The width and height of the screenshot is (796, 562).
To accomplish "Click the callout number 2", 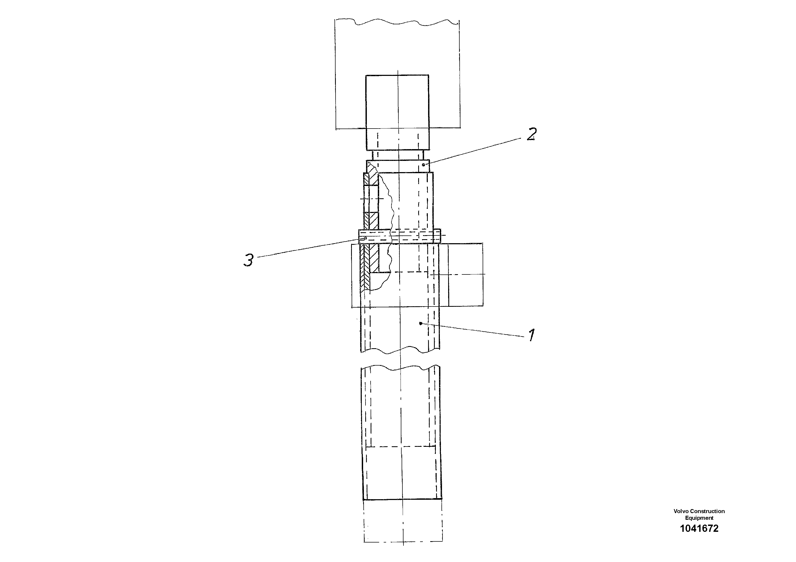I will click(x=532, y=134).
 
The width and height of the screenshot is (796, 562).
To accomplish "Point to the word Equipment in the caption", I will click(x=699, y=518).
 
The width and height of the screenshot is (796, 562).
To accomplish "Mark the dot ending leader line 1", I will click(x=421, y=323).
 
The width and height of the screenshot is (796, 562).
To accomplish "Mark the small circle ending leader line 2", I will click(x=423, y=165).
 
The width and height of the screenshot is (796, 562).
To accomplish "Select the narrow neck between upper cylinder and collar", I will click(x=398, y=155).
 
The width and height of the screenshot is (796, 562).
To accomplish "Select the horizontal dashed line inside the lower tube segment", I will click(x=401, y=447).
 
